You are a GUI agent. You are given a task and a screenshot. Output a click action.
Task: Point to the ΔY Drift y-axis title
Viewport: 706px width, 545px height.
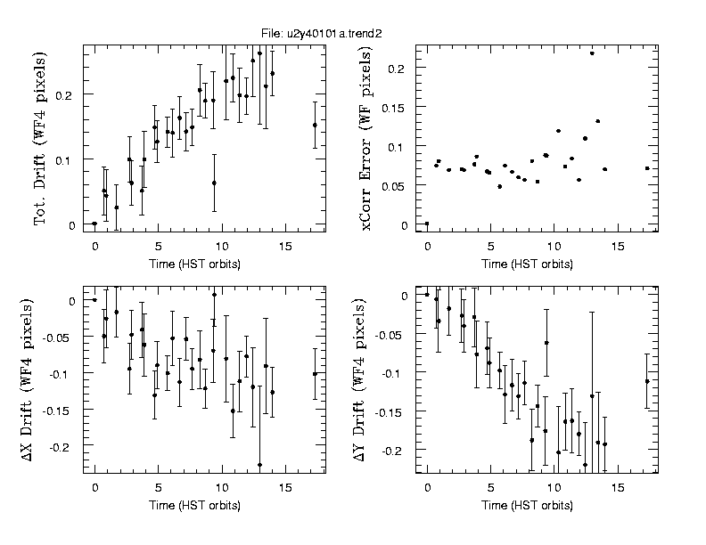pos(366,378)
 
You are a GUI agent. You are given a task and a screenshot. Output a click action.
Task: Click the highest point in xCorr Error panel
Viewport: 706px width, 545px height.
pos(592,53)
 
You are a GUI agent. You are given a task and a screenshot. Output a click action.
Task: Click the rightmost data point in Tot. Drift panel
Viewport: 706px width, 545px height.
pos(315,125)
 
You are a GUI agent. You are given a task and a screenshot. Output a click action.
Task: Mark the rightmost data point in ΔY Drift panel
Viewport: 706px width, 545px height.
pos(647,381)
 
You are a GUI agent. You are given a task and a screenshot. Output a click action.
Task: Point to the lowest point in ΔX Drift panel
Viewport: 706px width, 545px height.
pos(259,465)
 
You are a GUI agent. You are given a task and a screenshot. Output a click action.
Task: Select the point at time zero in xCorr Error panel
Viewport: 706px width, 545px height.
pos(427,224)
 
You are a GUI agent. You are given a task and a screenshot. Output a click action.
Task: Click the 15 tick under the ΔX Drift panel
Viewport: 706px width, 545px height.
pos(284,487)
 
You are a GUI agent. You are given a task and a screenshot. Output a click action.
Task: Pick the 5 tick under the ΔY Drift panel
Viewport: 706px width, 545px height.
pos(490,487)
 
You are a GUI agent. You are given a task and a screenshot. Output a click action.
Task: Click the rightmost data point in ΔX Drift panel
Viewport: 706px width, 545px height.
pos(315,374)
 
